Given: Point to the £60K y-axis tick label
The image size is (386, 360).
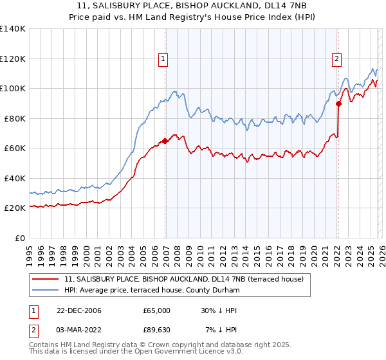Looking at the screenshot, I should pos(14,148).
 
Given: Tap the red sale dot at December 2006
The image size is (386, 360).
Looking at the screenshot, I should pos(165,141).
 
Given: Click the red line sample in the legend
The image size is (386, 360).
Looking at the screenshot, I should pos(46,279).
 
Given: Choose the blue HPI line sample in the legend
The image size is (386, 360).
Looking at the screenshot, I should pos(46,291).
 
